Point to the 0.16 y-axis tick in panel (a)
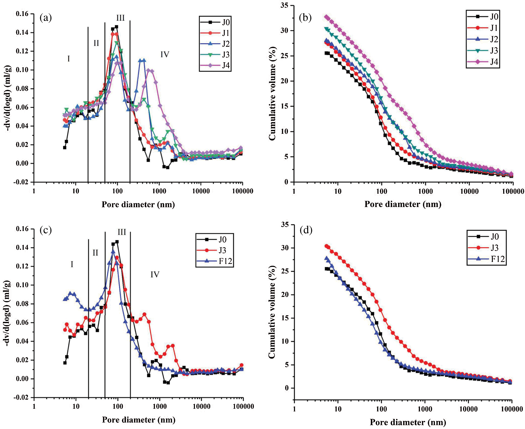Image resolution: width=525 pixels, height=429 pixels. click(x=22, y=14)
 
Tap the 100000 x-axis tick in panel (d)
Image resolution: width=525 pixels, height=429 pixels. click(x=512, y=409)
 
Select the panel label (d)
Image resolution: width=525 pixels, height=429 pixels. click(x=306, y=231)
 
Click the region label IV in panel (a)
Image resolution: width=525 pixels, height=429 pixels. click(x=165, y=55)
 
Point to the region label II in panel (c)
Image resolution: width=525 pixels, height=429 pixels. click(x=95, y=253)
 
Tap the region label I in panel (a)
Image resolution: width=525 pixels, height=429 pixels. click(x=69, y=59)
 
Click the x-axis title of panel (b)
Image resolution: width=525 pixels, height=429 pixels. click(x=403, y=204)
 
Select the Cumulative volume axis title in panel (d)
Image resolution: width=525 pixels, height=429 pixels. click(x=272, y=312)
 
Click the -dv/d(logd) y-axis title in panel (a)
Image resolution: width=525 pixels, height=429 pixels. click(x=9, y=98)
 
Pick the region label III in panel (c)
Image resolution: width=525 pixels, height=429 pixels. click(x=122, y=232)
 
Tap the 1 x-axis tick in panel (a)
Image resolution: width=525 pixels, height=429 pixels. click(x=34, y=191)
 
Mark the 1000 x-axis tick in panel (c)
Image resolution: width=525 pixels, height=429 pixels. click(x=160, y=406)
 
